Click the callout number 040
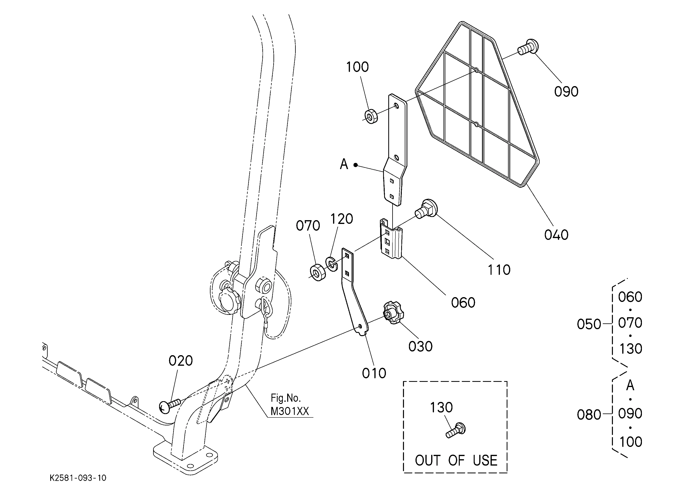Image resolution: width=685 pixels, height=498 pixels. tap(556, 235)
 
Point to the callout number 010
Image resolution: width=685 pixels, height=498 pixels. tap(374, 373)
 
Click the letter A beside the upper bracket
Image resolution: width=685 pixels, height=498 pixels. tap(344, 164)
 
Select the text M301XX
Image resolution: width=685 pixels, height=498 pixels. tap(290, 411)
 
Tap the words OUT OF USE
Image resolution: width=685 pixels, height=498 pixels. tap(456, 460)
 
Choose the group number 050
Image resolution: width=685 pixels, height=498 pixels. tap(589, 324)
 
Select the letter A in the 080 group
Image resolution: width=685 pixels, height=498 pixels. tap(630, 385)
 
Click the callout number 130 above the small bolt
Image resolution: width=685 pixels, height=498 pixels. tap(441, 408)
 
